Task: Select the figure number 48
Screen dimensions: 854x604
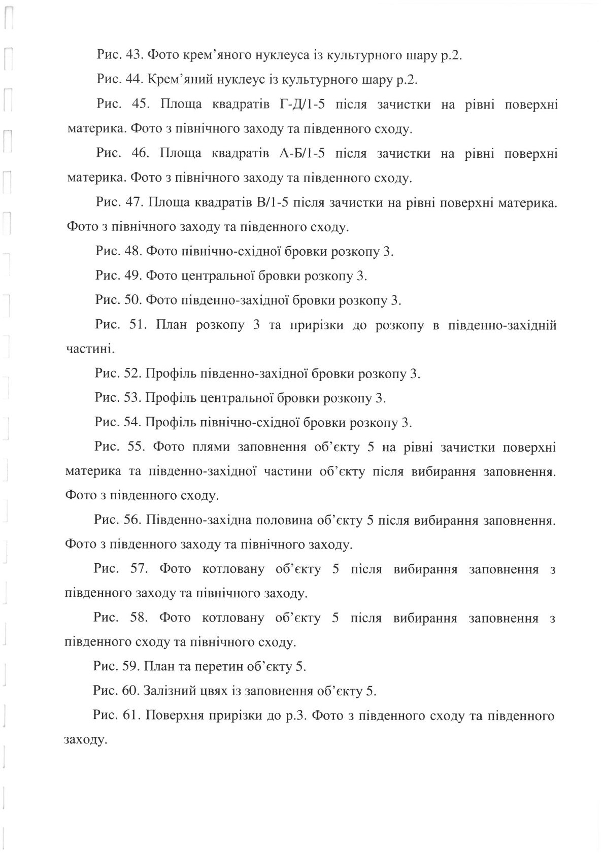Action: pos(132,252)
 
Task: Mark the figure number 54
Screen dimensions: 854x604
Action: pos(132,423)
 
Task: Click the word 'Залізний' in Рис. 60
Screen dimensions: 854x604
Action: pos(167,691)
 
